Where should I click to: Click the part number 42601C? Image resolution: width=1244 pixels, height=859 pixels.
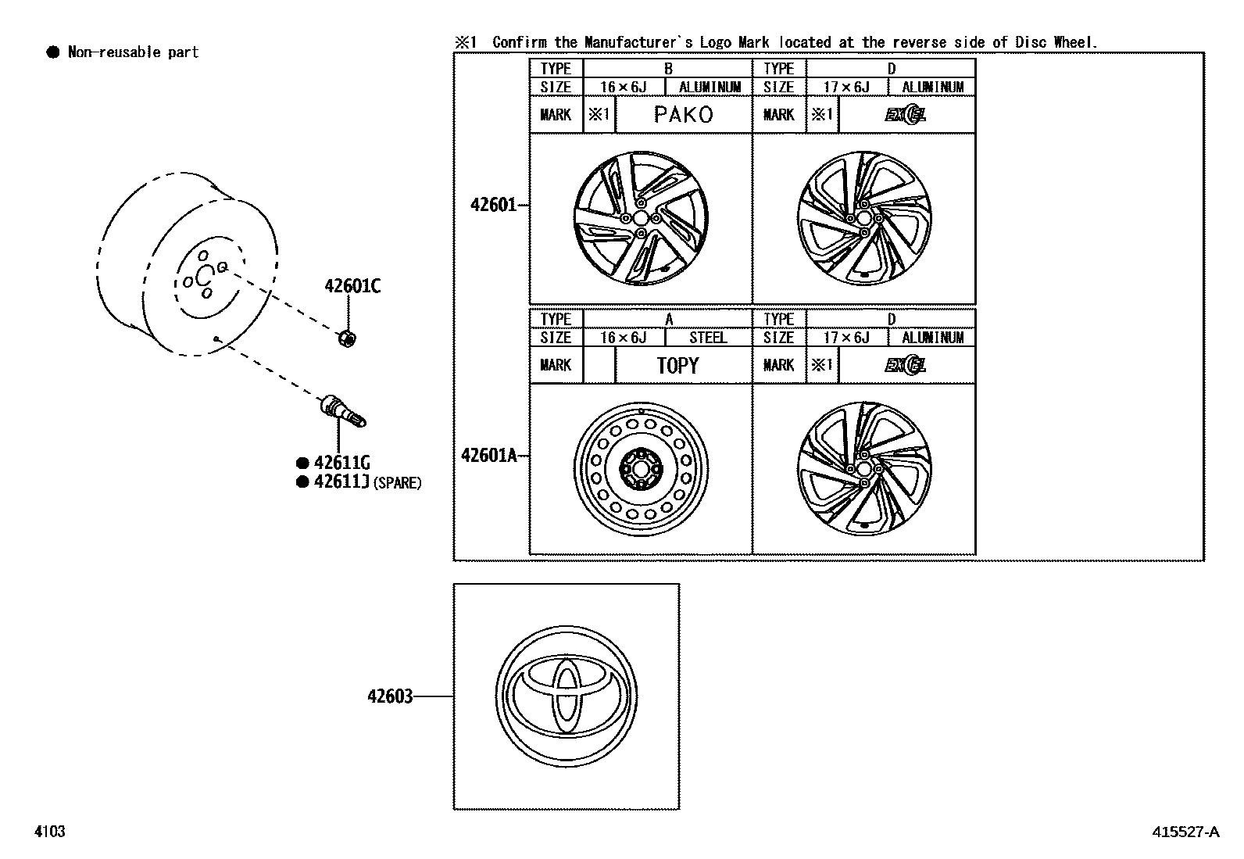(352, 287)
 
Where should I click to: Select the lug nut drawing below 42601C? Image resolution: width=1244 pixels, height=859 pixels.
(348, 338)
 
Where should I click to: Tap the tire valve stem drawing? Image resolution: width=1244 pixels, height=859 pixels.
(342, 412)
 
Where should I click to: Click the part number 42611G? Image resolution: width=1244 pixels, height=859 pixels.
(341, 463)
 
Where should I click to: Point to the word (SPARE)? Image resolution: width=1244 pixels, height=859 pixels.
(397, 483)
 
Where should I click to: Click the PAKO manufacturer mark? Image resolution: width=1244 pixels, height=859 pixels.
(683, 115)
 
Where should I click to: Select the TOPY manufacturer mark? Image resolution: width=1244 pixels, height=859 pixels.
(677, 365)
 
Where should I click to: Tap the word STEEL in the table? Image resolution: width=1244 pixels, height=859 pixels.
(708, 338)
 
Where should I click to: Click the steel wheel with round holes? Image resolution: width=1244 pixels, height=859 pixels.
(641, 468)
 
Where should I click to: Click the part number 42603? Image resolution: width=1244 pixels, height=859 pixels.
(390, 696)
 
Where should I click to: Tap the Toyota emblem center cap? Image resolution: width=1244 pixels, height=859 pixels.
(566, 695)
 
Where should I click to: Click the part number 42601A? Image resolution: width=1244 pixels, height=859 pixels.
(489, 455)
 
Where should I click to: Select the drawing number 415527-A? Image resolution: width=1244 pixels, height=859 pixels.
(1185, 832)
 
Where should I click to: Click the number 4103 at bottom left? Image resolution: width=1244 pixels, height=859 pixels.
(49, 832)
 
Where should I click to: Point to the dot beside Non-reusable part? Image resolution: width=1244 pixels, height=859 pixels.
(53, 52)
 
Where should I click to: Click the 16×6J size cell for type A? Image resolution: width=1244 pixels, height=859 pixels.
(623, 338)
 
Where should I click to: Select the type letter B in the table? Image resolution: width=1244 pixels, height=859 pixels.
(668, 69)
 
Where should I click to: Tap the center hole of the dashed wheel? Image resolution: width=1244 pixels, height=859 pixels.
(204, 274)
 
